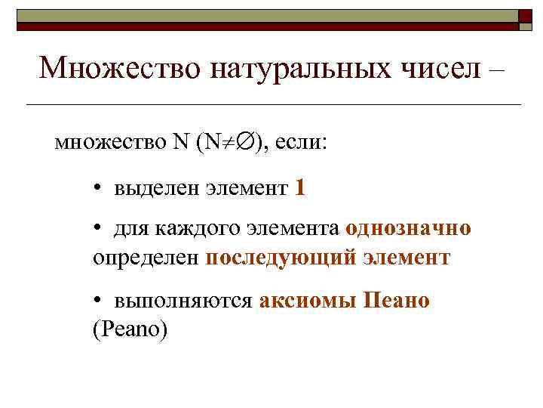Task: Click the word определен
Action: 146,257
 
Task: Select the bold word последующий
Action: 280,257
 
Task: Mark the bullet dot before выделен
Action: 99,188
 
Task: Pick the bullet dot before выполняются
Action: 99,301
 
